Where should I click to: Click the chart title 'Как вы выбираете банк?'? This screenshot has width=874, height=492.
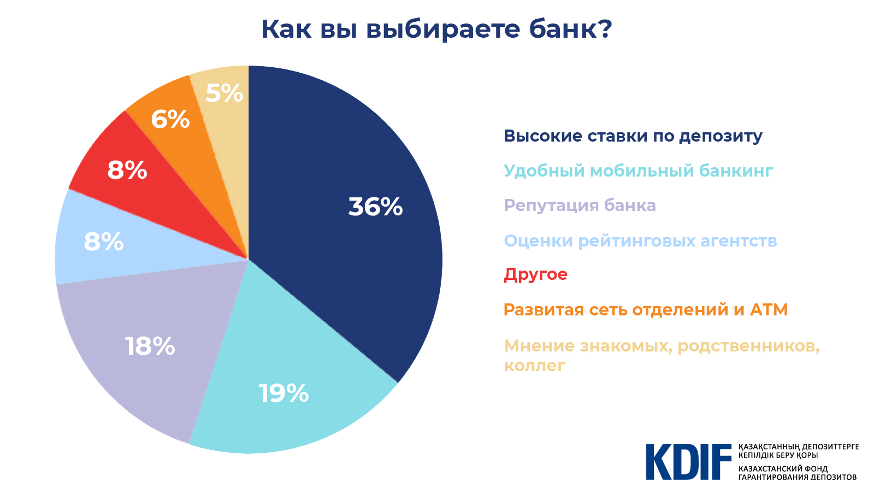tap(436, 29)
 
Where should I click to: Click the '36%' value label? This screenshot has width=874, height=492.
tap(375, 207)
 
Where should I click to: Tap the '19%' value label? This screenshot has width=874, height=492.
tap(284, 394)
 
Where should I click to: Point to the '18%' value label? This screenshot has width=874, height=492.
tap(150, 347)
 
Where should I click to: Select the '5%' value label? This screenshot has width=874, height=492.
tap(224, 93)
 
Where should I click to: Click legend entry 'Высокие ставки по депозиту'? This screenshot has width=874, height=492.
tap(633, 136)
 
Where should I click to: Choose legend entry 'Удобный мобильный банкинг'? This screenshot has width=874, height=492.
tap(638, 171)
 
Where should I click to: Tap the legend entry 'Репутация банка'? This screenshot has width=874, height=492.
tap(580, 206)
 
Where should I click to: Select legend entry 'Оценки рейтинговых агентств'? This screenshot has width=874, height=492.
tap(640, 241)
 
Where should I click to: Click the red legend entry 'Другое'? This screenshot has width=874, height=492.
tap(535, 274)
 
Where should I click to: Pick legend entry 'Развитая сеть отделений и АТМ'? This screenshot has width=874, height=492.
tap(646, 310)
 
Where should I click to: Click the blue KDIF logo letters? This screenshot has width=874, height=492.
tap(688, 462)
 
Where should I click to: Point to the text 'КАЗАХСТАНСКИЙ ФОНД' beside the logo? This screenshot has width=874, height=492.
tap(783, 468)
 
